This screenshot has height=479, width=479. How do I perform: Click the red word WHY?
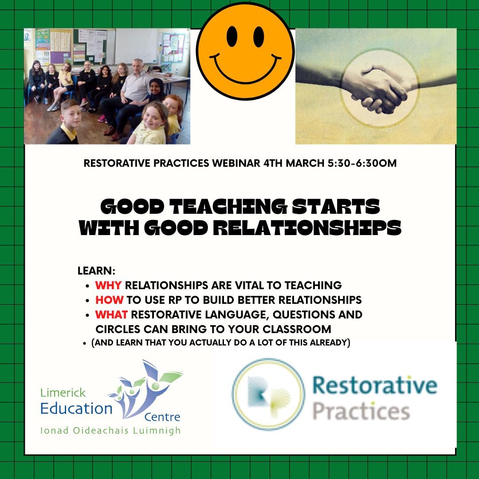click(x=109, y=285)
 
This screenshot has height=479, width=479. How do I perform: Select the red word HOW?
click(x=109, y=300)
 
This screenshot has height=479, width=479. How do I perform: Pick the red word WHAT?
click(x=112, y=314)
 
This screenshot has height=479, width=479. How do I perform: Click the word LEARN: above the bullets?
click(x=96, y=271)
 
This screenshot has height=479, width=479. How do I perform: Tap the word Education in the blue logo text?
click(x=76, y=408)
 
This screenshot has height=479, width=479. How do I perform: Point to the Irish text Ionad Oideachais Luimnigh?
click(x=110, y=431)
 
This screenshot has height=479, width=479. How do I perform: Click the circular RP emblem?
click(x=269, y=395)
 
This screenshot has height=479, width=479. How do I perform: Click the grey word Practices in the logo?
click(x=361, y=411)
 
